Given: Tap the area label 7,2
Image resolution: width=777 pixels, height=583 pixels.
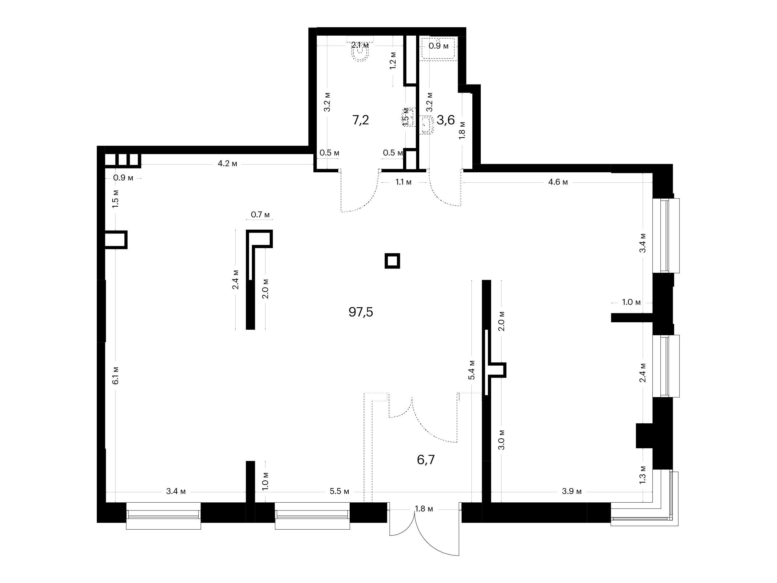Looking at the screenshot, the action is (361, 120).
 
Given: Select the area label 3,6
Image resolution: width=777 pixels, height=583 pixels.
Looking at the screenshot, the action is (446, 120).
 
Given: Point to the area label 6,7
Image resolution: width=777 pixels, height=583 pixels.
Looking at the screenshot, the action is (426, 460).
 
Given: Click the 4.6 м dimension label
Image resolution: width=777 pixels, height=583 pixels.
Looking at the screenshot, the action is (558, 182).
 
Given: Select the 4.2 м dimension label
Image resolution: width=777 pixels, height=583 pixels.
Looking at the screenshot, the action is (228, 164).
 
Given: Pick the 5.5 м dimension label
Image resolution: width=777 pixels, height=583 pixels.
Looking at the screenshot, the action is (340, 491).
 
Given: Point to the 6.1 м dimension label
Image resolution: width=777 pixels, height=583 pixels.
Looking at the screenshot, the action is (116, 375).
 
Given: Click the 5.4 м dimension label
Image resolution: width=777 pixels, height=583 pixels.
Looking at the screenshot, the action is (472, 370).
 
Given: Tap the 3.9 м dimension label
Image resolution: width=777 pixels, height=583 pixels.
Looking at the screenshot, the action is (572, 491).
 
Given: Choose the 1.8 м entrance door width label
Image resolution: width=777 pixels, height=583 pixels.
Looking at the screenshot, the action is (424, 509).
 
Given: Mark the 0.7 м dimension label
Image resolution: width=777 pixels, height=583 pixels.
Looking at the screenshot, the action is (260, 214).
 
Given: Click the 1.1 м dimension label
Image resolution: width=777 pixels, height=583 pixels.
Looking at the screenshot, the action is (404, 182).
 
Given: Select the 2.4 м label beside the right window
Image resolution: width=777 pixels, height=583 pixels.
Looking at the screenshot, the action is (643, 372).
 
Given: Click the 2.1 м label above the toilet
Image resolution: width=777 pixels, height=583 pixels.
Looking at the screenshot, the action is (360, 45).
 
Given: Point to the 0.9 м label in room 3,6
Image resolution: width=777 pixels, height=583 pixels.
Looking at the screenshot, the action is (439, 46).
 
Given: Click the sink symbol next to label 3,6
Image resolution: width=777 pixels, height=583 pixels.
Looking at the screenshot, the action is (427, 125).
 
